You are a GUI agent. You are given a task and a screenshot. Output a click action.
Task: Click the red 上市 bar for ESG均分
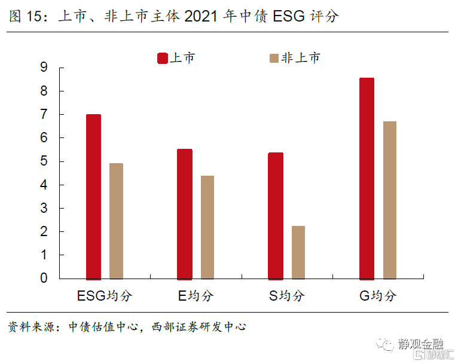tap(93, 197)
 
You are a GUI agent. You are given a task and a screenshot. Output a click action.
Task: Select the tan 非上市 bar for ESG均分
tap(116, 221)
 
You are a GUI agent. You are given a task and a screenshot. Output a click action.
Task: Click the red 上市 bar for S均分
tap(276, 216)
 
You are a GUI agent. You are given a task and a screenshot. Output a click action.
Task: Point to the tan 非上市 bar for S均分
tap(298, 252)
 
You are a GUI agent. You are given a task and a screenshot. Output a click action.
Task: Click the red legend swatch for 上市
tap(162, 58)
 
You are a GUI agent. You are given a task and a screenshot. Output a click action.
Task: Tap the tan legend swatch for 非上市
tap(274, 58)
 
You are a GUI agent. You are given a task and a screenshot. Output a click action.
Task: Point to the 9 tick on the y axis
tap(44, 68)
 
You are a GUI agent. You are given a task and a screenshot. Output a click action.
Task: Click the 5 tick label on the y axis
tap(44, 161)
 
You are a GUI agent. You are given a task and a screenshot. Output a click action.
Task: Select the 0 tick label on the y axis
tap(44, 279)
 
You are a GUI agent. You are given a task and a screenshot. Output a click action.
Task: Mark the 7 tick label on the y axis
tap(44, 114)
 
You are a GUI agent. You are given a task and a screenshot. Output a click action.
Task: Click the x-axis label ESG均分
tap(105, 295)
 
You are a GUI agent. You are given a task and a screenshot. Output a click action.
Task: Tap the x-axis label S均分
tap(287, 295)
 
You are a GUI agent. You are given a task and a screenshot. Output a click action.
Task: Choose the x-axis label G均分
tap(378, 295)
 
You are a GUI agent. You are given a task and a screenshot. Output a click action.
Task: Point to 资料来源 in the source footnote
tap(29, 327)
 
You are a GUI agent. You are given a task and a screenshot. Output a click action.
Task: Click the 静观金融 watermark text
tap(421, 344)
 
